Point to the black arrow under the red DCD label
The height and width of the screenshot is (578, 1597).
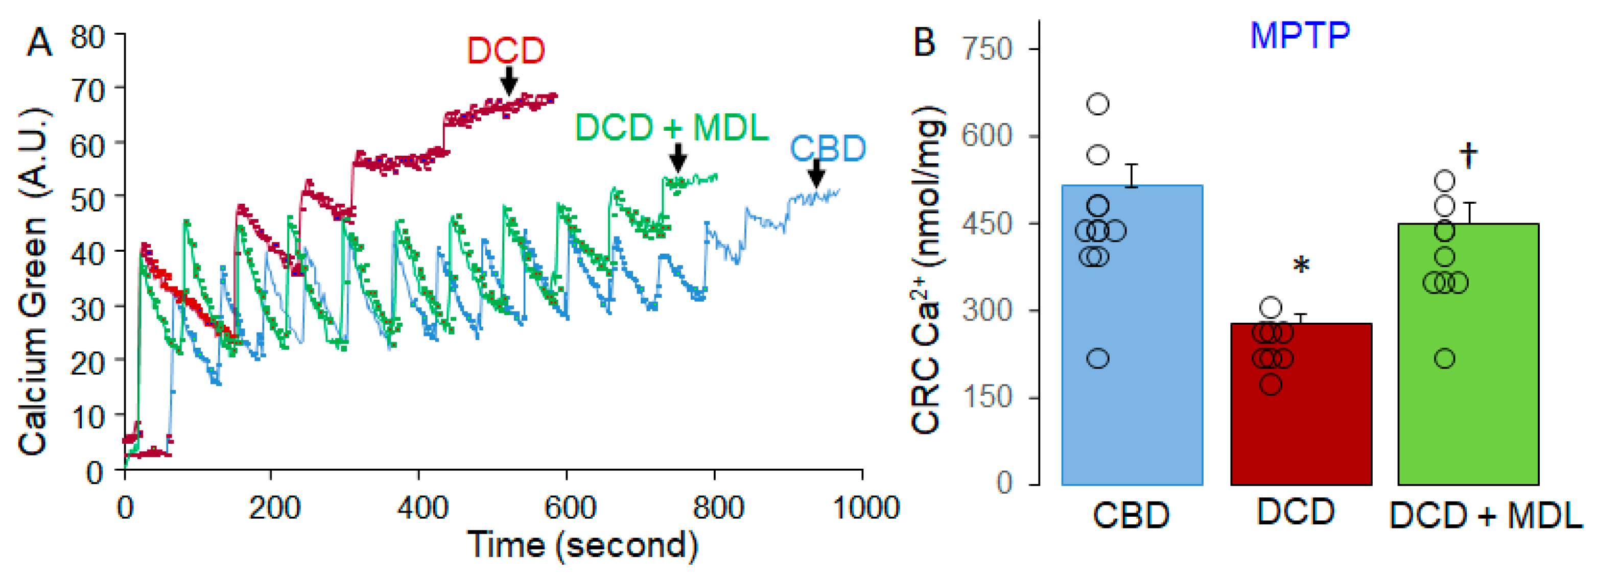point(508,81)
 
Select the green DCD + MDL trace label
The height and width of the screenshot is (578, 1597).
point(671,128)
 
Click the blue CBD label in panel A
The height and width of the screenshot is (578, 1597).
point(827,149)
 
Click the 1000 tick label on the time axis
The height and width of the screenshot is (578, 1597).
point(865,508)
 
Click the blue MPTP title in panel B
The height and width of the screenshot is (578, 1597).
point(1300,36)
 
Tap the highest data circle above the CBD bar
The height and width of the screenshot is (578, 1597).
point(1098,104)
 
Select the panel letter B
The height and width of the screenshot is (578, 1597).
point(924,42)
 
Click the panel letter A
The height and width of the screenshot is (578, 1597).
point(40,43)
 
